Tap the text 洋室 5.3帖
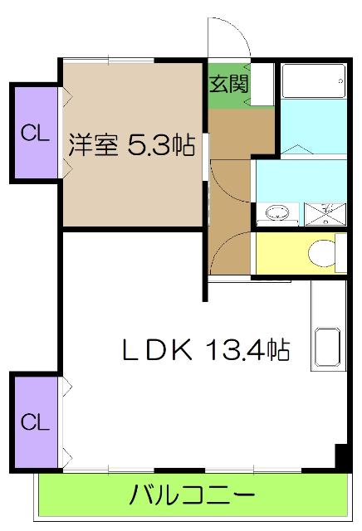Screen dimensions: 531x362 pos(131,146)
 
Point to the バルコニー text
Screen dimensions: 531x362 pos(191,497)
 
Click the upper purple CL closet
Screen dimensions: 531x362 pos(33,133)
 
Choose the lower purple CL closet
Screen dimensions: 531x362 pos(34,421)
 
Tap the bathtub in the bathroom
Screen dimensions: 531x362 pos(313,83)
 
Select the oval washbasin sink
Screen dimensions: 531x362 pos(276,214)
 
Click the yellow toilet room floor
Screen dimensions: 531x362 pos(282,253)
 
